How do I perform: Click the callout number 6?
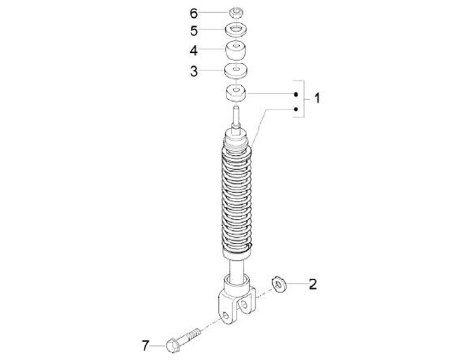pyautogui.click(x=194, y=13)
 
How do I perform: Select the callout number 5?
pyautogui.click(x=194, y=31)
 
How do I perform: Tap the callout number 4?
pyautogui.click(x=193, y=51)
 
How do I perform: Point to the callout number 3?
pyautogui.click(x=194, y=71)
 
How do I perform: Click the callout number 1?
pyautogui.click(x=317, y=98)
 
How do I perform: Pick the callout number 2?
pyautogui.click(x=313, y=284)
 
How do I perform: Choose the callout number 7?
pyautogui.click(x=146, y=346)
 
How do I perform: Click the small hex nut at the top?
pyautogui.click(x=236, y=13)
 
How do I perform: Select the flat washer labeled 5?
pyautogui.click(x=236, y=31)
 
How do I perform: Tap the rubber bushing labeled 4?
pyautogui.click(x=236, y=50)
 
